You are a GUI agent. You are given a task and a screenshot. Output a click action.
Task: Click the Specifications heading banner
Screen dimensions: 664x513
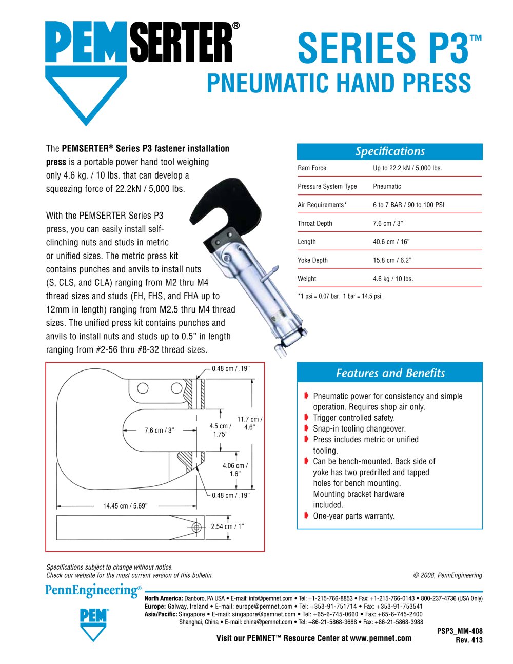tap(390, 151)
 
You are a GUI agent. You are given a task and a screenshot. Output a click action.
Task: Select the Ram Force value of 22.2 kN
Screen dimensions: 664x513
tap(407, 168)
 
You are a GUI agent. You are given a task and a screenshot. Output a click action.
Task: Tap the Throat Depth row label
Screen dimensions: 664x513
tap(314, 223)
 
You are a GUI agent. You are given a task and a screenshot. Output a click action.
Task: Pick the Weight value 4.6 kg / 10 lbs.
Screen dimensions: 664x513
tap(392, 279)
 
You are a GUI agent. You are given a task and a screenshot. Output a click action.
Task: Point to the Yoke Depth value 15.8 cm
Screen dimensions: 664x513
tap(392, 260)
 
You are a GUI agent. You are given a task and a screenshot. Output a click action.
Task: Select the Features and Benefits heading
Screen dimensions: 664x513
tap(390, 373)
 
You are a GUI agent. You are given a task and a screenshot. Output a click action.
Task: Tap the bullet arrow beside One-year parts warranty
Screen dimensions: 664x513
tap(306, 515)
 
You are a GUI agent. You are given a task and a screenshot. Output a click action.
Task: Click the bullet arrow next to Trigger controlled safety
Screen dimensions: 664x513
tap(306, 417)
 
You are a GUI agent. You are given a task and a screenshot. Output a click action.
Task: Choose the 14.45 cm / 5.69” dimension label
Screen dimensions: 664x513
tap(125, 506)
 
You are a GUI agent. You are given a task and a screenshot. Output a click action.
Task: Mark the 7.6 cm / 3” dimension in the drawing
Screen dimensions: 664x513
tap(159, 430)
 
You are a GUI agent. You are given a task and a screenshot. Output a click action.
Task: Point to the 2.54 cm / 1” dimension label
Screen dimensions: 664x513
tap(227, 526)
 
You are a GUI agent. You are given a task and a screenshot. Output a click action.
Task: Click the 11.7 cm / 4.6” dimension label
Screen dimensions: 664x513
tap(249, 423)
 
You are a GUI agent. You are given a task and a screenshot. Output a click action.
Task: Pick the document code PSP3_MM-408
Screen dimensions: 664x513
tap(460, 631)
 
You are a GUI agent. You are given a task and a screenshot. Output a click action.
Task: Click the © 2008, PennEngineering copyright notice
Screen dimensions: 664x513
tap(447, 575)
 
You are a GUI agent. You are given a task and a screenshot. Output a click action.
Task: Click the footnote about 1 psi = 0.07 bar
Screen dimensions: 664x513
tap(340, 296)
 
